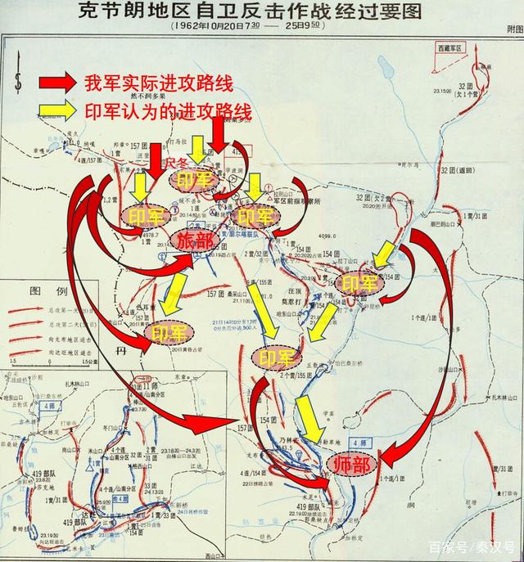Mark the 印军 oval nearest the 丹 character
[x=170, y=333]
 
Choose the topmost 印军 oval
[x=196, y=180]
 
